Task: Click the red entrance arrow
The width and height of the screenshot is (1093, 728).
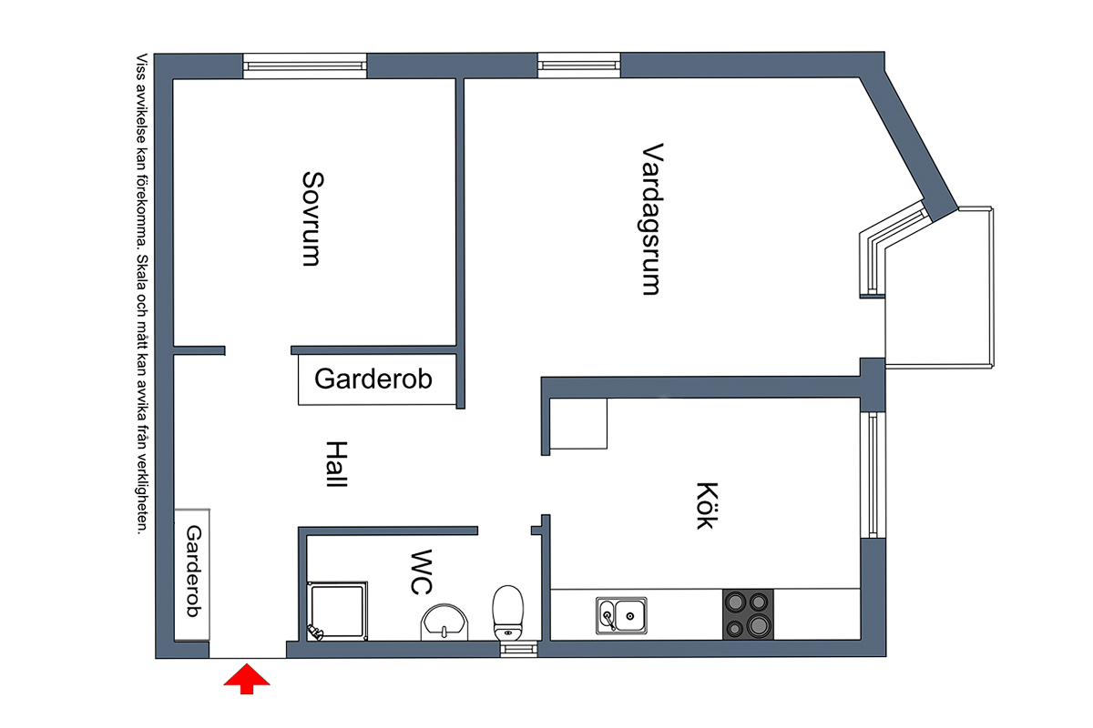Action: (245, 679)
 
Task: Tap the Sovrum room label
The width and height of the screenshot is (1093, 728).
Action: (312, 218)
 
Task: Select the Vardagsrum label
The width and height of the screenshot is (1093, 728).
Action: (650, 218)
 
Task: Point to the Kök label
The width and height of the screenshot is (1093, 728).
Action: (706, 506)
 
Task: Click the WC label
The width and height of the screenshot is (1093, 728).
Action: (420, 571)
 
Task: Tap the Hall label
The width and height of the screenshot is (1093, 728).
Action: (336, 464)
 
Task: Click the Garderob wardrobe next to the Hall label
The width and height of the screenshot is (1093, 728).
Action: (375, 379)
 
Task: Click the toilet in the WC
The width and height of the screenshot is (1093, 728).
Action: (508, 613)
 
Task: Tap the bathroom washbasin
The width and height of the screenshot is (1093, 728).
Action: (444, 622)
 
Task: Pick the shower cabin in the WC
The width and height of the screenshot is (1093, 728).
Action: (339, 610)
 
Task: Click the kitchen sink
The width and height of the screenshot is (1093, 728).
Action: (621, 615)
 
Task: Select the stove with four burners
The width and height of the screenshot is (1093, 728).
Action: (748, 614)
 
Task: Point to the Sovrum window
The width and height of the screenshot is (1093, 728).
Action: (305, 66)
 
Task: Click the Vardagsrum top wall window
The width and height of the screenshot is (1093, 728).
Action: (578, 65)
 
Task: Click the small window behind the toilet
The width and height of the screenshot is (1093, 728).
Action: (516, 649)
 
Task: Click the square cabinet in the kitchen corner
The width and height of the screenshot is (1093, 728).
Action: (580, 423)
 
